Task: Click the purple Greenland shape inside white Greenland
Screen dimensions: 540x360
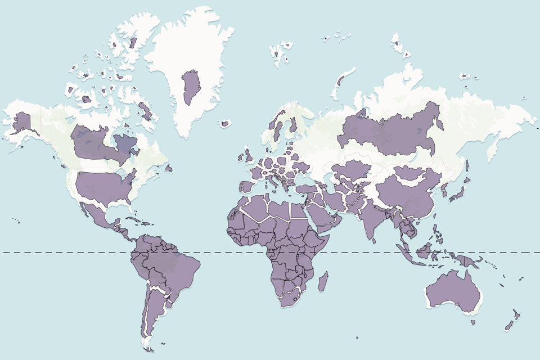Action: click(x=191, y=87)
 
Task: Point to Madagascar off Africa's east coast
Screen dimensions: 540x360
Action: click(x=323, y=281)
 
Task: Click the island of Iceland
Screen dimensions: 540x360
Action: click(x=226, y=123)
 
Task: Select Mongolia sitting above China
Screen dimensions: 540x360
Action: click(x=413, y=172)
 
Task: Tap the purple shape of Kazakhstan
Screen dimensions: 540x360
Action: click(x=349, y=169)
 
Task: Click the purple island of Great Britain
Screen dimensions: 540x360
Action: click(x=247, y=154)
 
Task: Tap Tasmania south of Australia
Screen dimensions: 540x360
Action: click(x=473, y=322)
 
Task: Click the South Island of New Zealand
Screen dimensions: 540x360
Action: click(x=510, y=325)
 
